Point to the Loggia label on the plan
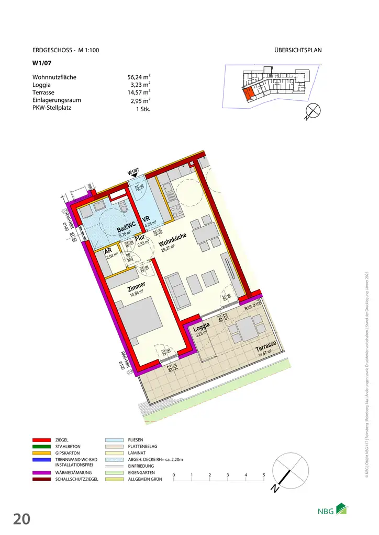click(202, 328)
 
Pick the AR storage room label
click(109, 250)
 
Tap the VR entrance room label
click(147, 219)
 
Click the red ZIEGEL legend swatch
click(42, 440)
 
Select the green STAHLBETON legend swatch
click(42, 447)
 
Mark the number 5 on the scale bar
click(264, 475)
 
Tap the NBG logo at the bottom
click(332, 510)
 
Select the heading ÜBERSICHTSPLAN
click(297, 51)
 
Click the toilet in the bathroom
click(123, 208)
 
